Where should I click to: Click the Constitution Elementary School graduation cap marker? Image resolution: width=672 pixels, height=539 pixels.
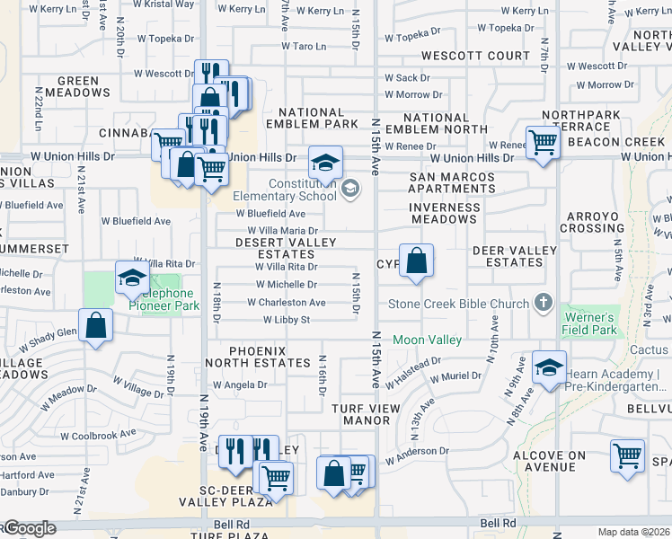325,163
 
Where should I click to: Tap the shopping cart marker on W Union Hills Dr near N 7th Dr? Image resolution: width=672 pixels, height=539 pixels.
543,141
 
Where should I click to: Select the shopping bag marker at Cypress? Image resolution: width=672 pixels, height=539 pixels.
416,261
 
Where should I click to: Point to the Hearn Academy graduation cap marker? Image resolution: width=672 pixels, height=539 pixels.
549,367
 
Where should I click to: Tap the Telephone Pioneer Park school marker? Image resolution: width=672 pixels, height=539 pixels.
132,278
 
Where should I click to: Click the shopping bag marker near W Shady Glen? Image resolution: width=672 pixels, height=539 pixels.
95,327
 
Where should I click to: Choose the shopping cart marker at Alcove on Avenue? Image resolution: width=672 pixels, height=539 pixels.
627,455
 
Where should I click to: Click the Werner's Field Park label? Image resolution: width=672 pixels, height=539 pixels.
589,324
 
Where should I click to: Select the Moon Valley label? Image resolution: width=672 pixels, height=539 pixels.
427,340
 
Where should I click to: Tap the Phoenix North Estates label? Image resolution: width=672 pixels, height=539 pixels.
257,357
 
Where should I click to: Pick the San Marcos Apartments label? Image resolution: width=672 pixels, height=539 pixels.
452,183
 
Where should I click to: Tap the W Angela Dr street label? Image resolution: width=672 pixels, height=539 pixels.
237,384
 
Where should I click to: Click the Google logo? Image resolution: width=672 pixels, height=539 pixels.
29,528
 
